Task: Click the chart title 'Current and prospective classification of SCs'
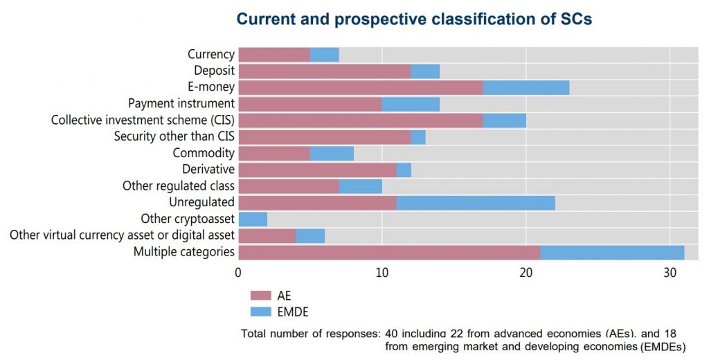[x=414, y=19]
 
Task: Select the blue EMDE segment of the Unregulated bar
[x=476, y=202]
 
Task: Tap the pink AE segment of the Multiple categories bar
[x=389, y=252]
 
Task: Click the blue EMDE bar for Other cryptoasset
[x=253, y=219]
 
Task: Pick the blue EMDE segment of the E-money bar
[x=526, y=87]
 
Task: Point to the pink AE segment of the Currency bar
[x=274, y=54]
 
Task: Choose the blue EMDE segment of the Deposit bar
[x=425, y=71]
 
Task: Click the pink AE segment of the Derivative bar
[x=317, y=170]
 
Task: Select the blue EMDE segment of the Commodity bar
[x=332, y=153]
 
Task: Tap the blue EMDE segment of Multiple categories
[x=612, y=252]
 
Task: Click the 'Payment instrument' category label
[x=181, y=104]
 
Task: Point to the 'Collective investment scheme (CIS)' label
[x=143, y=120]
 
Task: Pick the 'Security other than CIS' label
[x=174, y=136]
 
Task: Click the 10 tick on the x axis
[x=382, y=272]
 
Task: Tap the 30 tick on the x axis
[x=670, y=272]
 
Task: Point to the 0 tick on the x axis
[x=238, y=272]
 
